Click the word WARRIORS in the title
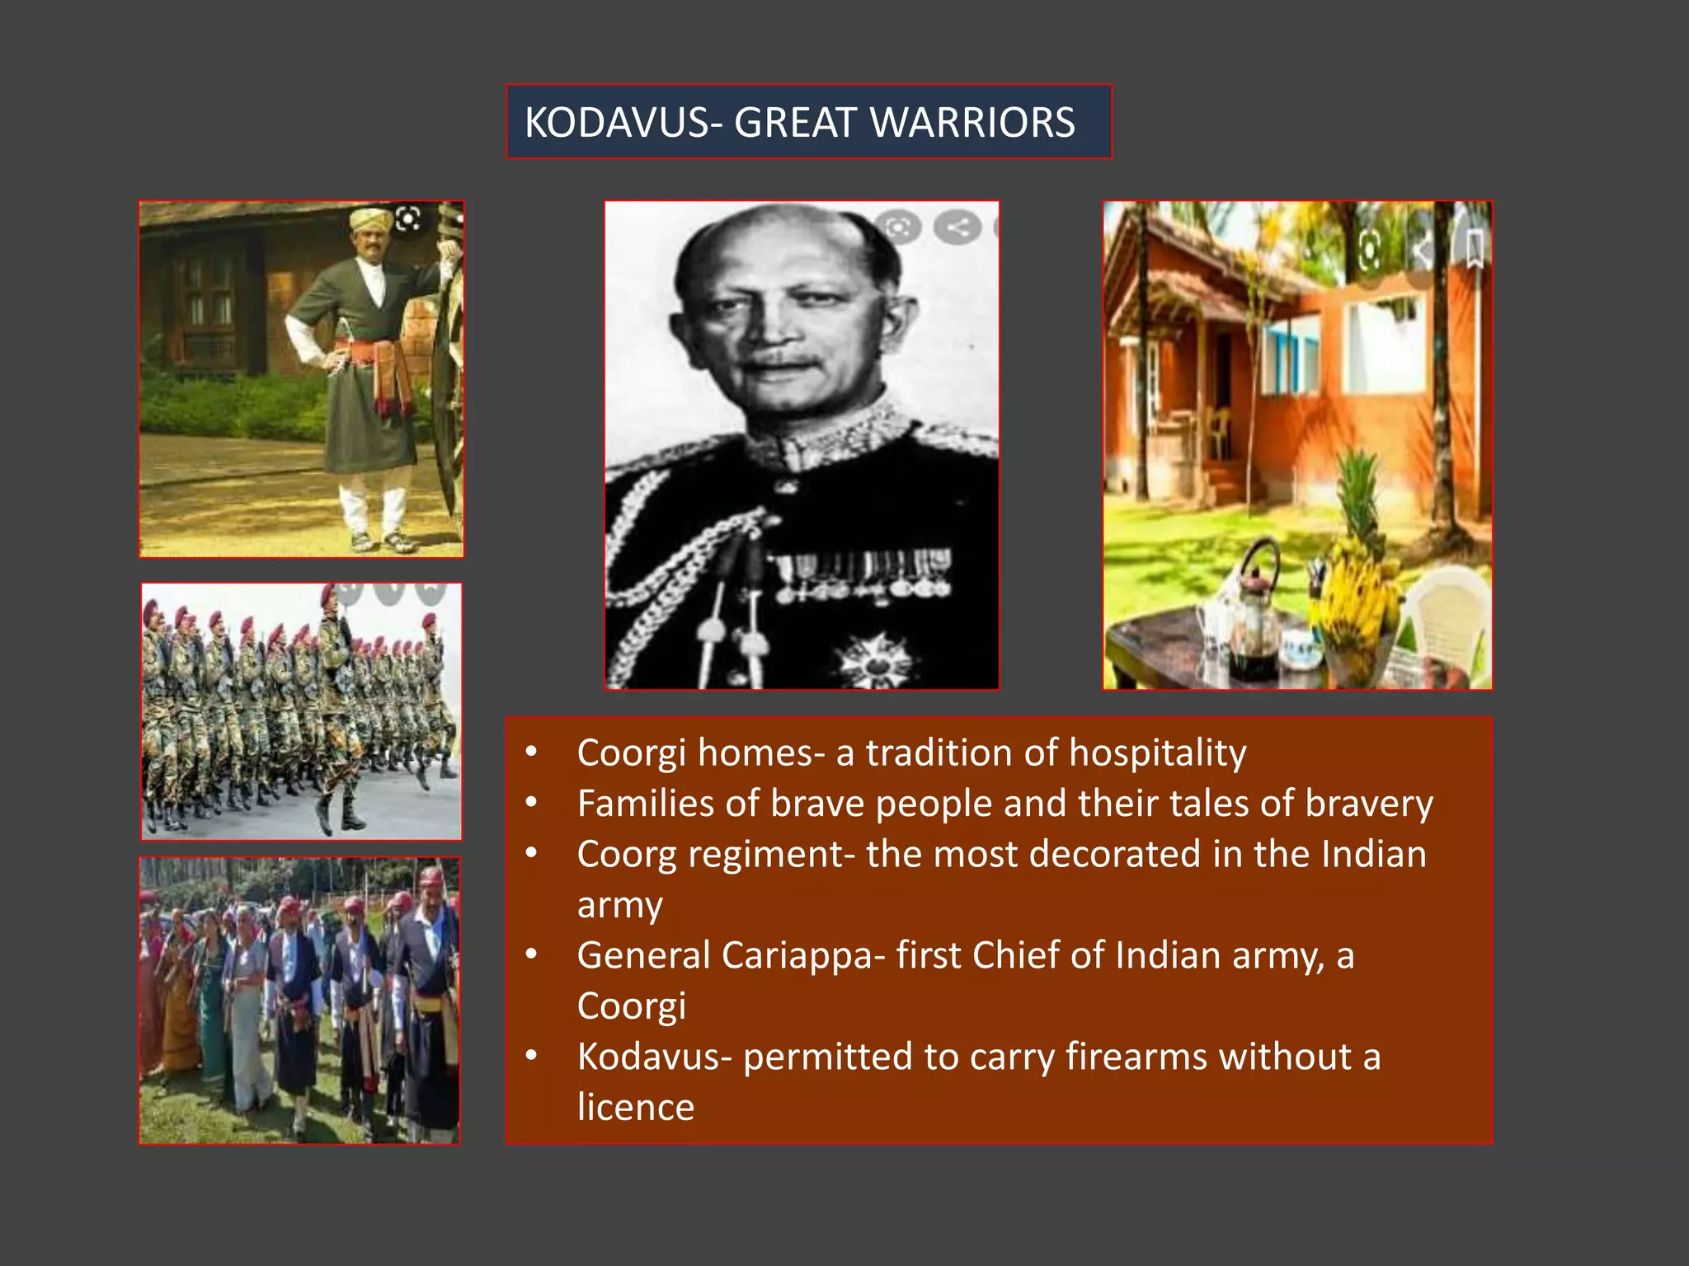point(972,123)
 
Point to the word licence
point(635,1107)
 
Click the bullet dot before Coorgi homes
point(532,752)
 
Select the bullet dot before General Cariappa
point(532,954)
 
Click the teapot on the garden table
point(1256,606)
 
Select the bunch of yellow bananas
point(1353,593)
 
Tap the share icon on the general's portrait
point(957,227)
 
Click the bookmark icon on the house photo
point(1474,247)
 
